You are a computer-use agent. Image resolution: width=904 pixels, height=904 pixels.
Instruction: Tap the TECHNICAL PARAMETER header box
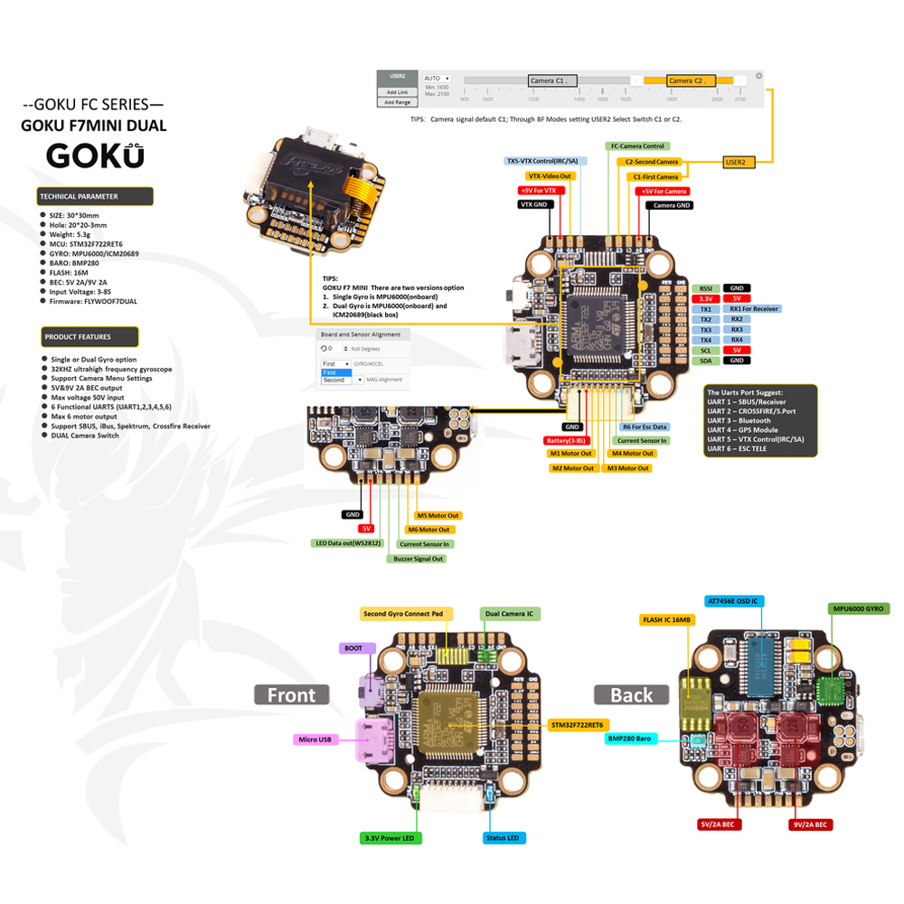tap(95, 196)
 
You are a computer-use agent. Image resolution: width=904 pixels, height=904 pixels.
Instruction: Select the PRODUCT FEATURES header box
tap(89, 337)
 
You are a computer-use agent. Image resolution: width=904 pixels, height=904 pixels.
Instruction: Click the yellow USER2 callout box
tap(735, 162)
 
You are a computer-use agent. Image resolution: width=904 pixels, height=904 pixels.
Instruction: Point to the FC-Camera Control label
tap(637, 146)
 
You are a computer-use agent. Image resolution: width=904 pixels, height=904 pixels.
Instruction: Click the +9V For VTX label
tap(541, 191)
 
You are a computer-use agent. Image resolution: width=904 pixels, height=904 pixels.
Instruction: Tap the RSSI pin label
tap(705, 287)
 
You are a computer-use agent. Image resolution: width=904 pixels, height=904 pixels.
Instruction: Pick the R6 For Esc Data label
tap(645, 427)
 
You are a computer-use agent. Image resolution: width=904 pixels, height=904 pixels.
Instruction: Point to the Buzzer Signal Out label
tap(417, 559)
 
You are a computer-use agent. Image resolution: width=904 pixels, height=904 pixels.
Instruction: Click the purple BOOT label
tap(353, 648)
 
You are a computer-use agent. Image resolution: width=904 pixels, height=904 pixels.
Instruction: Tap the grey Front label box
tap(291, 694)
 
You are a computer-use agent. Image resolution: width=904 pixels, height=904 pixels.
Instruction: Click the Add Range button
tap(397, 102)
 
